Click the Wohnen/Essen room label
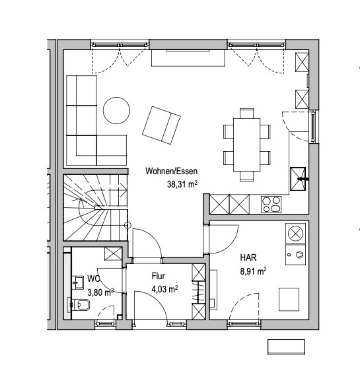tap(171, 171)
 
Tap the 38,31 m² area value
tap(182, 184)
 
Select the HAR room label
tap(248, 257)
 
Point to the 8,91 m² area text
tap(253, 271)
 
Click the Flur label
tap(159, 276)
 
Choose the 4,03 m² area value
tap(164, 289)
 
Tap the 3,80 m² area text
tap(100, 292)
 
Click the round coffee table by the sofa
tap(116, 111)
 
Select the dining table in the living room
tap(247, 145)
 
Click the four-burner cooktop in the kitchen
tap(271, 205)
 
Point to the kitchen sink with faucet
tap(298, 179)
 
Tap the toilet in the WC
tap(79, 305)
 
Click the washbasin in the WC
tap(78, 282)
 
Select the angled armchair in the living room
tap(161, 125)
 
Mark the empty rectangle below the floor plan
tap(287, 347)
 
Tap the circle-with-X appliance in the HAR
tap(295, 233)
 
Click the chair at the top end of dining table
tap(247, 113)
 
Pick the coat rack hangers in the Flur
tap(199, 292)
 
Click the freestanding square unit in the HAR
tap(289, 300)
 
